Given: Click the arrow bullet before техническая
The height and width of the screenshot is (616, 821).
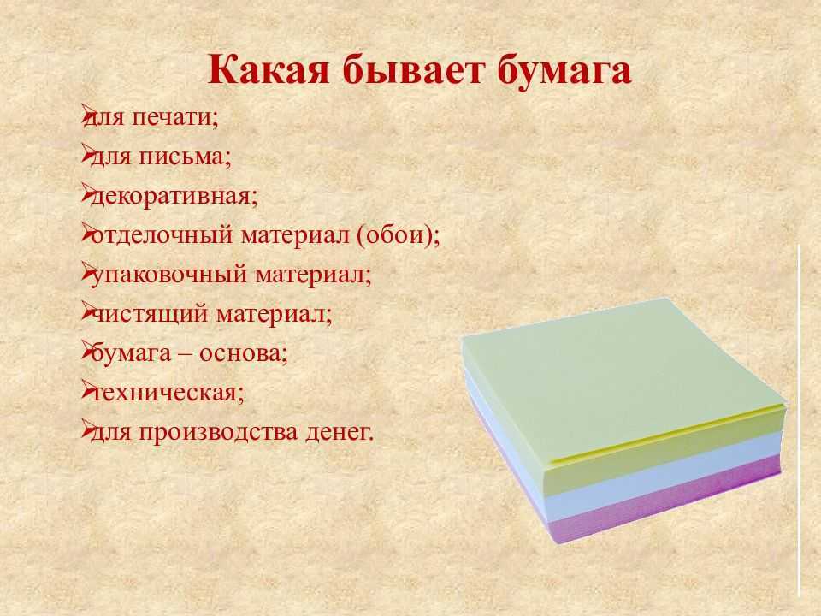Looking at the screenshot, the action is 87,391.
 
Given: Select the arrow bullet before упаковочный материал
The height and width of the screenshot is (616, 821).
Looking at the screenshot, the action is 87,273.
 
